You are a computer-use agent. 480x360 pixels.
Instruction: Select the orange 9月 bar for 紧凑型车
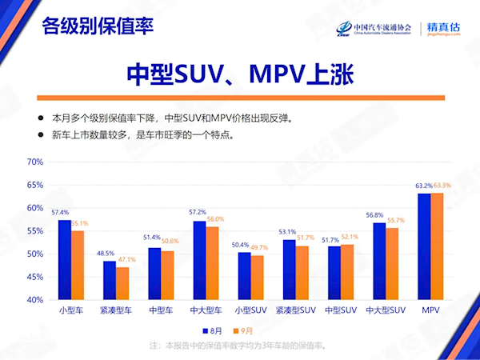click(x=122, y=283)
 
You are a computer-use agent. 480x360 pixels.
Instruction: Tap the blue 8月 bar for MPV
click(x=424, y=246)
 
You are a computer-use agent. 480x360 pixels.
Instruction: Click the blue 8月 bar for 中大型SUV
click(x=379, y=261)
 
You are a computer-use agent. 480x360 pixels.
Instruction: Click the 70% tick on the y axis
click(x=34, y=162)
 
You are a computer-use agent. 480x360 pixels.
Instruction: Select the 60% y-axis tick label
click(x=34, y=208)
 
